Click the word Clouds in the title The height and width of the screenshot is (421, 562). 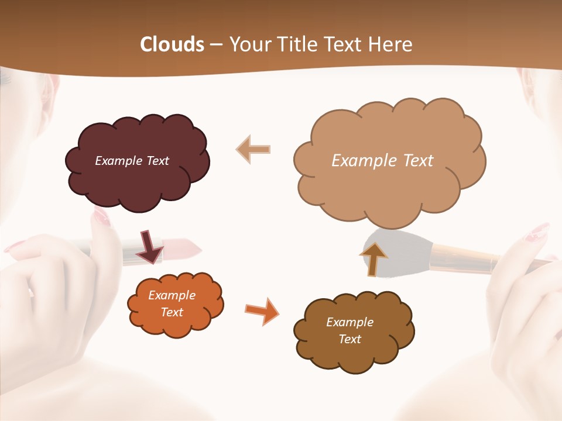click(172, 44)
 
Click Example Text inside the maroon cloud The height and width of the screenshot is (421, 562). click(132, 161)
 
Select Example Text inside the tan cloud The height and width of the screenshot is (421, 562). click(382, 161)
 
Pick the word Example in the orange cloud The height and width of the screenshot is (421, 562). click(172, 296)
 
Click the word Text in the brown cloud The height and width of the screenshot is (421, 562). click(349, 339)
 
